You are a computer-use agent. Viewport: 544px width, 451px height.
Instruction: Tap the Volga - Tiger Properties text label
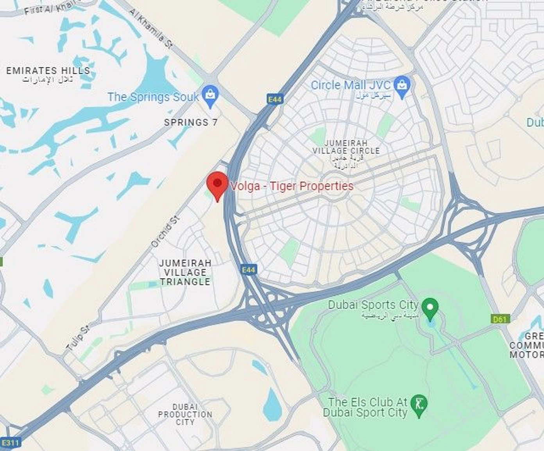click(292, 186)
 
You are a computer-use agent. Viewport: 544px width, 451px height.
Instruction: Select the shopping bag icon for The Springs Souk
click(211, 95)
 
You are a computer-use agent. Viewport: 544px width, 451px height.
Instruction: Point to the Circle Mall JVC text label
click(351, 85)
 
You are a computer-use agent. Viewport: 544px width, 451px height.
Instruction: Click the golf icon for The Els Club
click(420, 404)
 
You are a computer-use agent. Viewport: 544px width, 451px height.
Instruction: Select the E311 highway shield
click(10, 443)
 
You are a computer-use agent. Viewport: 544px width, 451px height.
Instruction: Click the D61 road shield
click(500, 319)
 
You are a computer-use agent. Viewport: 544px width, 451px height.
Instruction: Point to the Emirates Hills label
click(48, 71)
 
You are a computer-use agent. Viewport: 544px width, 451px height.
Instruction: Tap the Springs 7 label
click(191, 122)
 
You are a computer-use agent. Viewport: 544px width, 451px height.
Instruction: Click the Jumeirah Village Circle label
click(346, 147)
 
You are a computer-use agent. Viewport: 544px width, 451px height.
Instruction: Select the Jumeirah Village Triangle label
click(185, 272)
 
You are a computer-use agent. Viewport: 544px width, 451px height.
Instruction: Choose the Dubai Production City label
click(185, 414)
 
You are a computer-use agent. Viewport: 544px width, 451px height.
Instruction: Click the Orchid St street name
click(165, 232)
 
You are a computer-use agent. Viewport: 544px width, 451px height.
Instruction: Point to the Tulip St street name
click(78, 337)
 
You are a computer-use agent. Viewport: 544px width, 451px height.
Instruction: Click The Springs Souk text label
click(153, 97)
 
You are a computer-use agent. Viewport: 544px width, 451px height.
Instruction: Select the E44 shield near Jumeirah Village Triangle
click(248, 269)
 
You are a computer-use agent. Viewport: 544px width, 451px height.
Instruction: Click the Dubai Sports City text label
click(373, 305)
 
